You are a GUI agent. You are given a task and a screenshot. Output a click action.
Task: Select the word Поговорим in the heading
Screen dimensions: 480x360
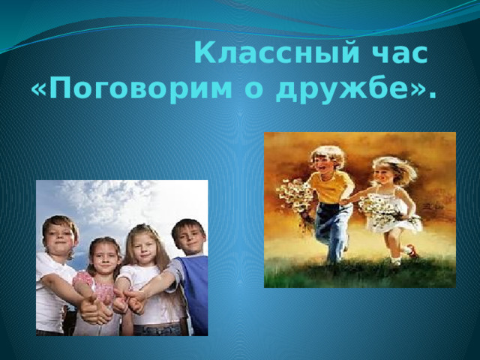[x=140, y=90]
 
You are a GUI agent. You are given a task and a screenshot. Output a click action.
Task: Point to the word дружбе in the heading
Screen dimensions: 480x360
[x=346, y=90]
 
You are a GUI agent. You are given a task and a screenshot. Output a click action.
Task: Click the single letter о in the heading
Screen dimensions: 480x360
[x=253, y=91]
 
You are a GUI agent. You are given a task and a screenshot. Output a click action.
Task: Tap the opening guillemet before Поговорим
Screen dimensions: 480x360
[x=39, y=91]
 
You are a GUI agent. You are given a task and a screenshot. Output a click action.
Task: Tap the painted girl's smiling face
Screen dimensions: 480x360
[x=383, y=175]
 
